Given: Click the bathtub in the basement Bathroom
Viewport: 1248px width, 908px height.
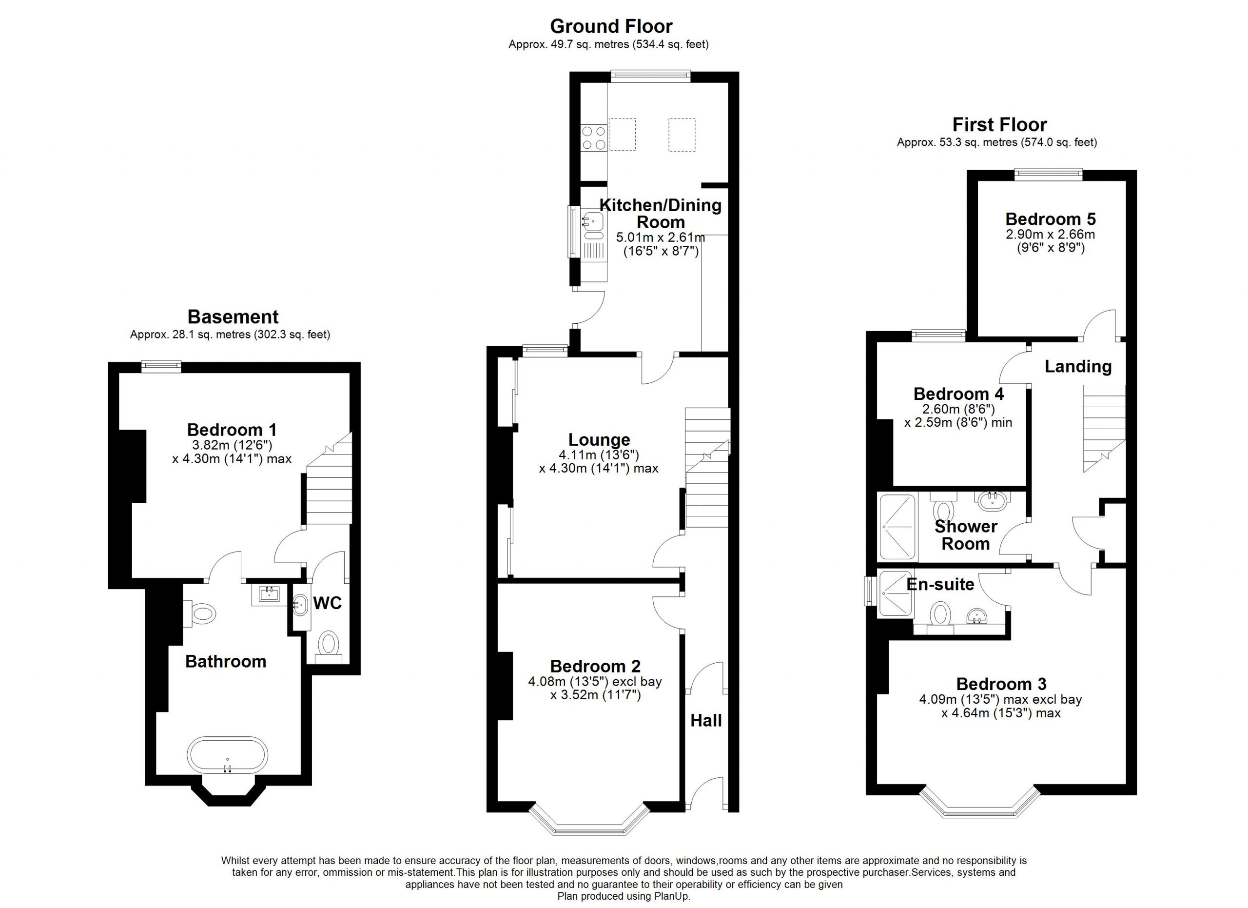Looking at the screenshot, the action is [227, 755].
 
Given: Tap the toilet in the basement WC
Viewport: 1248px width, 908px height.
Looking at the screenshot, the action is [329, 647].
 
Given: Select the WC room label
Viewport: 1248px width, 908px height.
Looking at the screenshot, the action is [328, 603].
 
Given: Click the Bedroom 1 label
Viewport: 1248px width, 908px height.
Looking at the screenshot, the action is [232, 429].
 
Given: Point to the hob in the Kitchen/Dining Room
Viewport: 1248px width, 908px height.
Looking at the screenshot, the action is [594, 138].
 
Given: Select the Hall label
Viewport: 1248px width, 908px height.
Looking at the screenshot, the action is [706, 720].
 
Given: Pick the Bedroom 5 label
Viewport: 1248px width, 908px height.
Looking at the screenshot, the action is [1051, 218].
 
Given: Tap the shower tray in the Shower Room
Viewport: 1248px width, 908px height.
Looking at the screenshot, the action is [897, 527].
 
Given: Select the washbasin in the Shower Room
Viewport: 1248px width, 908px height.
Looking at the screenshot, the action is [993, 499].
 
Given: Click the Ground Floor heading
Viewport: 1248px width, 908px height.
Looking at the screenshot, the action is [611, 26].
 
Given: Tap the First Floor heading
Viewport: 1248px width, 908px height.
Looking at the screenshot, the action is [999, 124].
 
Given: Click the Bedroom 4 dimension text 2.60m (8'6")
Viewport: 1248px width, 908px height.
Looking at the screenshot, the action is [958, 409].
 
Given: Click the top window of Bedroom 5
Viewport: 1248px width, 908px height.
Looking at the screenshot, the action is [1049, 174].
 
